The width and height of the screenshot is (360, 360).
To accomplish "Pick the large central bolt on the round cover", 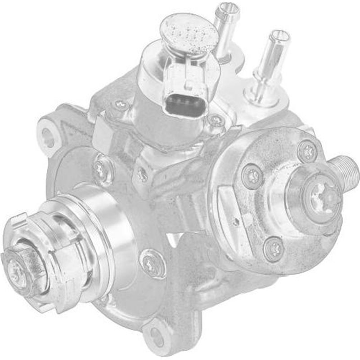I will pos(323,196).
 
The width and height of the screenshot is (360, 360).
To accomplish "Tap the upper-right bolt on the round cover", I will pos(308,151).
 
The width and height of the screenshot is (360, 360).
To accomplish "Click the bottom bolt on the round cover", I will pos(274,247).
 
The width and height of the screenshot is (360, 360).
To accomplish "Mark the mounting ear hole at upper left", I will pos(47,137).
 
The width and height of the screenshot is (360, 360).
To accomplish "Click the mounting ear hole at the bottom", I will pos(157,335).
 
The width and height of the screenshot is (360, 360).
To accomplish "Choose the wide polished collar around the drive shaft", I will pos(101,229).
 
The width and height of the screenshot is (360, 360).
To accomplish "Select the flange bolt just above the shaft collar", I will pos(103,170).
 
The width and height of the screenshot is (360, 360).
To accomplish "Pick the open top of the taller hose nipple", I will pos(279,36).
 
